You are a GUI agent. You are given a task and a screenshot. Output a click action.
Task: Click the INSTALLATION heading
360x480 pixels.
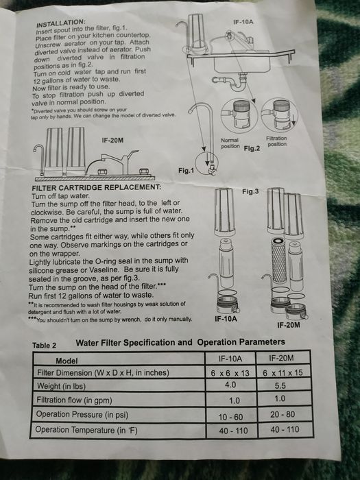(60, 23)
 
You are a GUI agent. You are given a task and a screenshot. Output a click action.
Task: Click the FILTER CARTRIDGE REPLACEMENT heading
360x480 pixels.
(96, 187)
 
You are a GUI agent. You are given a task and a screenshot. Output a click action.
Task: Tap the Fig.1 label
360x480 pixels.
(186, 171)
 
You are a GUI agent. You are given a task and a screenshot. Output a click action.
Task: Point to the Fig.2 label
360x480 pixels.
(252, 149)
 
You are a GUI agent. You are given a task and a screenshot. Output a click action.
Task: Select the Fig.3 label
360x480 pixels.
(250, 191)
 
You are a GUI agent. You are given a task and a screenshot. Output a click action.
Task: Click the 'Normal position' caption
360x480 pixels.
(230, 143)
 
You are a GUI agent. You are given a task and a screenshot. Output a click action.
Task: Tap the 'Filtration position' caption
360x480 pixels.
(276, 141)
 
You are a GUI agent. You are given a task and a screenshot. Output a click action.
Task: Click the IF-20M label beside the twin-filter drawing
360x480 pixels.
(112, 140)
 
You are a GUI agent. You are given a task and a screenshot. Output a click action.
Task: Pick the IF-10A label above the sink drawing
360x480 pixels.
(243, 22)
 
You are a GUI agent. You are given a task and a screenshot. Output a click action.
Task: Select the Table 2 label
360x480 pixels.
(45, 346)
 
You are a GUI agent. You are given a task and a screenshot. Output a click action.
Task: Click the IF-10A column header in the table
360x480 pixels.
(230, 359)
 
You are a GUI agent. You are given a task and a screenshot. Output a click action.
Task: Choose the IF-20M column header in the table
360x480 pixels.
(281, 358)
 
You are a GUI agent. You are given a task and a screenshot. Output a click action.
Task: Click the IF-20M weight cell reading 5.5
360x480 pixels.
(280, 385)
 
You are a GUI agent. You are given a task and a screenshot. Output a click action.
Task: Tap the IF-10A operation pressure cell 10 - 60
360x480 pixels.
(230, 417)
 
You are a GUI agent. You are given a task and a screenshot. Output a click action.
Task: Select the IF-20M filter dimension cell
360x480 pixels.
(283, 372)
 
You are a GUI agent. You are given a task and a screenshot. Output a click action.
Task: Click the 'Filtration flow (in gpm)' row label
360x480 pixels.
(74, 400)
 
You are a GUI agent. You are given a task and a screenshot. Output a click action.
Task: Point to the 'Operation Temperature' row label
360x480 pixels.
(86, 430)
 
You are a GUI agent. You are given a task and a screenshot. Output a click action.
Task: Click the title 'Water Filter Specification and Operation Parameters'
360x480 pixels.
(180, 343)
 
